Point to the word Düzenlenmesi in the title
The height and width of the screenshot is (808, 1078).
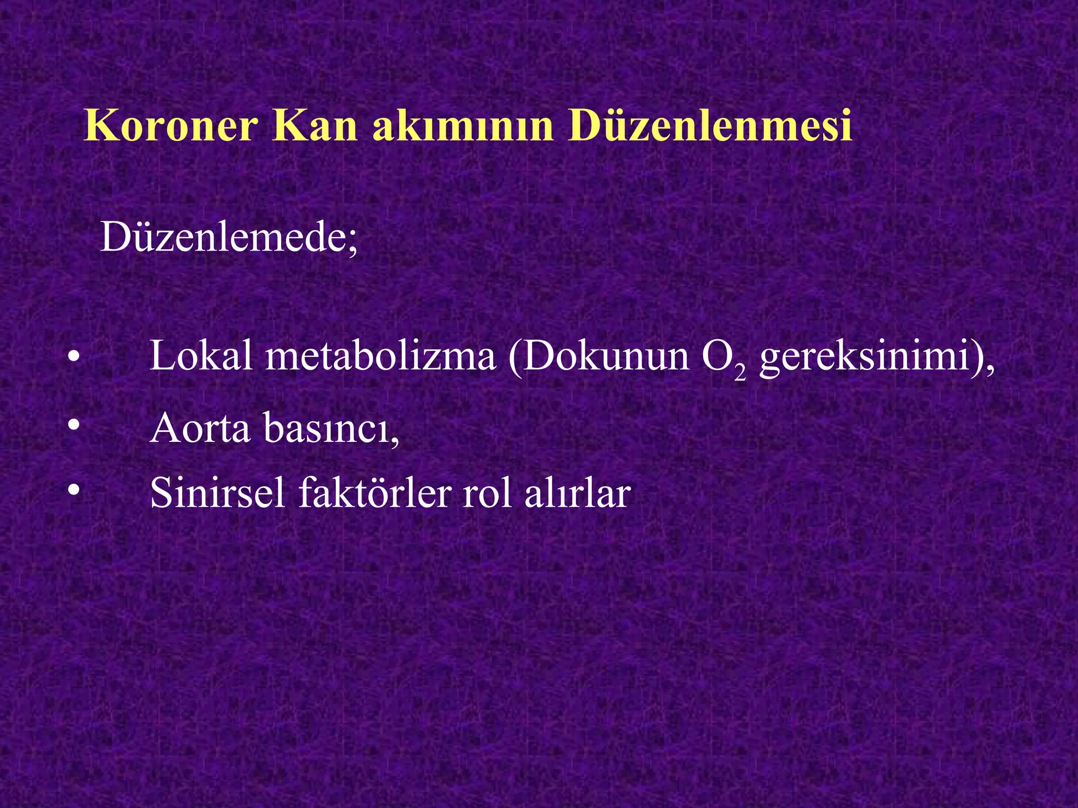coord(710,126)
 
